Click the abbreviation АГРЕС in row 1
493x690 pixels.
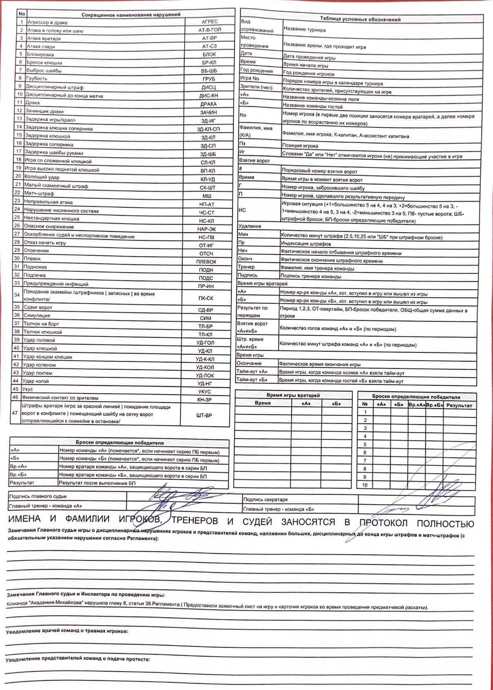(x=210, y=22)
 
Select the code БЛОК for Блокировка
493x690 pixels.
(x=209, y=54)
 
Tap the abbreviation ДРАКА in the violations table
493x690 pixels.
(x=208, y=104)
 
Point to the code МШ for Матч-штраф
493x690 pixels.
(x=207, y=196)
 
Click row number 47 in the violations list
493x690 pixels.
(x=15, y=413)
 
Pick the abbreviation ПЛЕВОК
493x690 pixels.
(x=206, y=262)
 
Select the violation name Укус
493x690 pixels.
(x=27, y=389)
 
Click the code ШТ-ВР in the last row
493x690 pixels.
(x=204, y=415)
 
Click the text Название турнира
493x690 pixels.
(x=305, y=30)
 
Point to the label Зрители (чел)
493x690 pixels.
(x=256, y=88)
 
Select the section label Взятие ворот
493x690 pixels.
(x=254, y=161)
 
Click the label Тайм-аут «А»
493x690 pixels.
(x=252, y=372)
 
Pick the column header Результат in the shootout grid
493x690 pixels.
(x=459, y=405)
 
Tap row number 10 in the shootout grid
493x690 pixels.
(x=365, y=485)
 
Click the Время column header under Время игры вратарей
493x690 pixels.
(x=262, y=403)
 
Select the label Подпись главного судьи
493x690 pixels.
(x=38, y=496)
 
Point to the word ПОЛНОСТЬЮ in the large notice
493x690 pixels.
(x=445, y=524)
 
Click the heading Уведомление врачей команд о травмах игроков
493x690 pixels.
(x=67, y=631)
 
